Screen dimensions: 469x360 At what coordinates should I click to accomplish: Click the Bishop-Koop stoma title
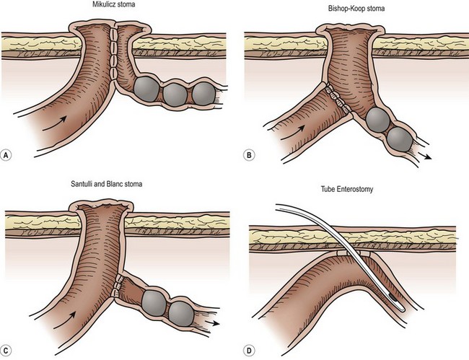pos(356,9)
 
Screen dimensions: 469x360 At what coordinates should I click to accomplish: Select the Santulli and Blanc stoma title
pos(107,183)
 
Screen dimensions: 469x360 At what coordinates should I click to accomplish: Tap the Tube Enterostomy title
pos(347,189)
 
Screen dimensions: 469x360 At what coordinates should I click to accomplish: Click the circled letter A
pos(6,155)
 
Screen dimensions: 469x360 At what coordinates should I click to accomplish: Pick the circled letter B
pos(249,155)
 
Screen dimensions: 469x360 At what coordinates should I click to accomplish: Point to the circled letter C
pos(6,350)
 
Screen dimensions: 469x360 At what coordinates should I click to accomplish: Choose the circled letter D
pos(249,350)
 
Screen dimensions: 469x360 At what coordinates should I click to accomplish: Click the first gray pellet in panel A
pos(146,89)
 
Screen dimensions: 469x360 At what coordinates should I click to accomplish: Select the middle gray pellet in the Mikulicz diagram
pos(175,95)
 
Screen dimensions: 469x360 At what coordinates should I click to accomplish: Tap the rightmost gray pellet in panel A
pos(203,94)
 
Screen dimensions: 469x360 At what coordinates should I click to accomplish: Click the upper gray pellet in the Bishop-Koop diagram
pos(378,120)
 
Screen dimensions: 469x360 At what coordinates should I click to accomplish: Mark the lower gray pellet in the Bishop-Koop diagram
pos(400,139)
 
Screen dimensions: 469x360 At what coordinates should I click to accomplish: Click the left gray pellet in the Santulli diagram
pos(154,302)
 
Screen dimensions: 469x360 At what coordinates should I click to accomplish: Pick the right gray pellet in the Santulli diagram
pos(181,313)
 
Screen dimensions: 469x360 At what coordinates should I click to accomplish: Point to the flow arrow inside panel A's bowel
pos(54,123)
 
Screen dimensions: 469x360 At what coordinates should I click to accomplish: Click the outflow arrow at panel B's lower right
pos(425,156)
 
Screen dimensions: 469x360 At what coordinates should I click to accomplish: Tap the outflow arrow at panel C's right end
pos(212,323)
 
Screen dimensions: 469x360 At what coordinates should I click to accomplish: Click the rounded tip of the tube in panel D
pos(403,309)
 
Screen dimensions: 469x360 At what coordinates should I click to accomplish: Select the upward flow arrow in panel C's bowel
pos(64,320)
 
